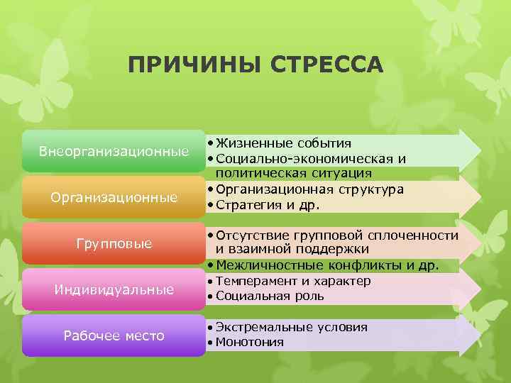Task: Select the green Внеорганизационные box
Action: pos(114,151)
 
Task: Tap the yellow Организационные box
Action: pos(114,197)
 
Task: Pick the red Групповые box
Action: pos(114,243)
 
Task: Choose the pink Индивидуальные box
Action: pos(114,289)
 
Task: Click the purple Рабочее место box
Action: pos(114,335)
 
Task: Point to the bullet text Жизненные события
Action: pos(284,143)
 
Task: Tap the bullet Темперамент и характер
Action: pos(293,281)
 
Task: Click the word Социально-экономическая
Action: pos(306,158)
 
